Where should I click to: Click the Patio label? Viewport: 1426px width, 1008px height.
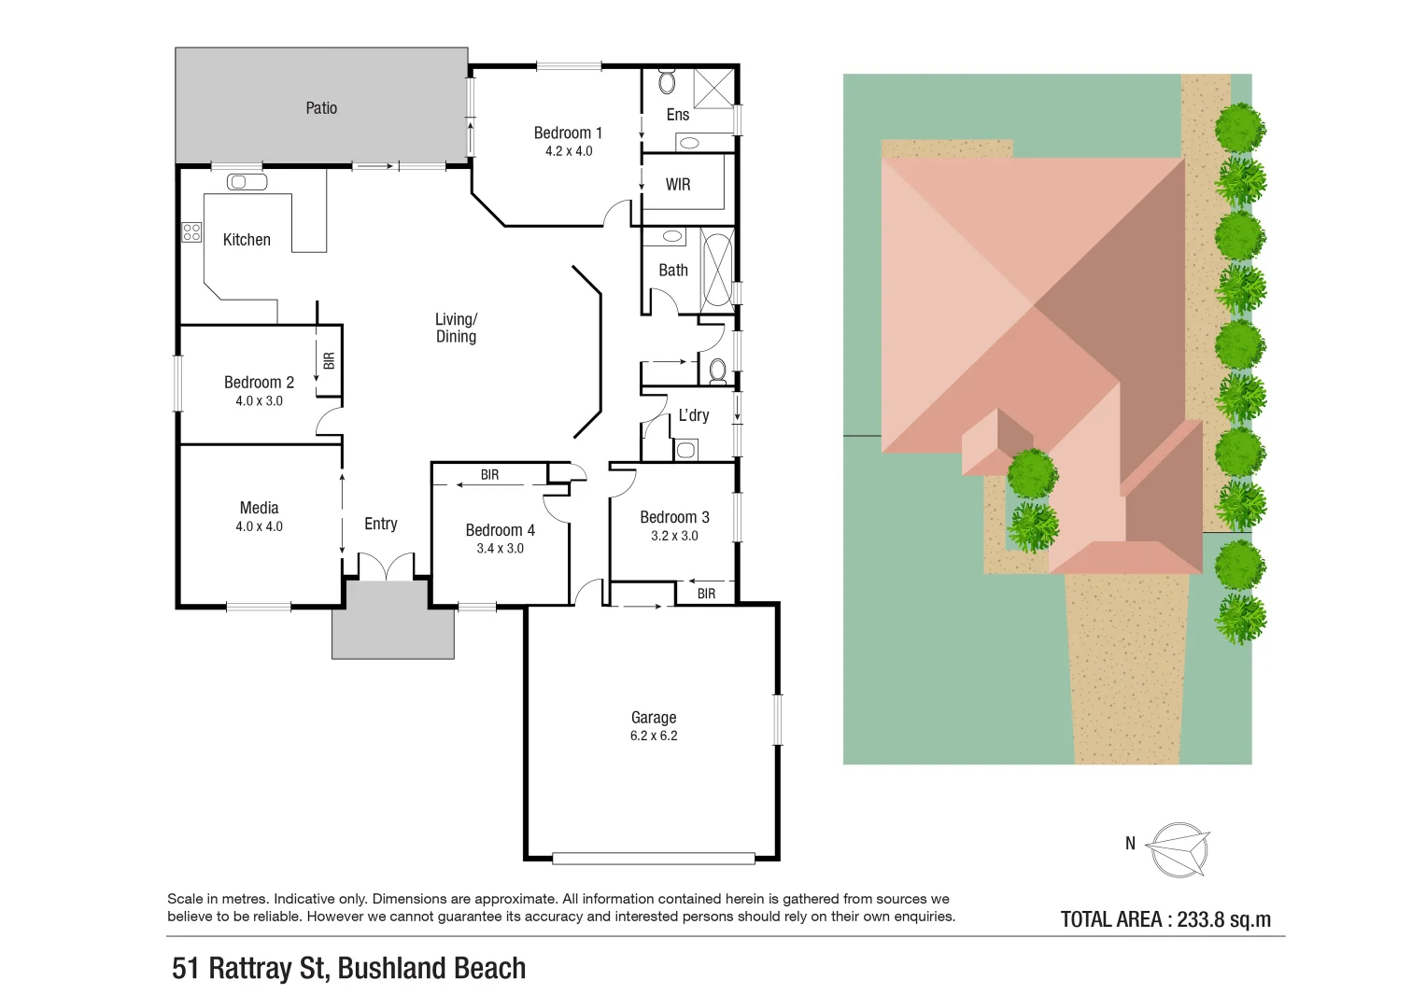[321, 108]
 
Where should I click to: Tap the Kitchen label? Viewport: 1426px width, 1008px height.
[247, 240]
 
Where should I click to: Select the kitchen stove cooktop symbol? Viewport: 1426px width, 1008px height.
[191, 231]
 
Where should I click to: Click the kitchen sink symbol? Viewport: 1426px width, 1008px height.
[247, 182]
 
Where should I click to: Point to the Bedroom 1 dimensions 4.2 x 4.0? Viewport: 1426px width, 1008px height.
[569, 151]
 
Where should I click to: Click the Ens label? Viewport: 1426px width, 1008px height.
[678, 115]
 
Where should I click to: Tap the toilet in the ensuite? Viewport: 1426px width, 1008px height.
[667, 81]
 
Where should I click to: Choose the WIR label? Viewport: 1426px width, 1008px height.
[678, 185]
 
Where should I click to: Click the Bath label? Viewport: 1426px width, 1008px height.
[673, 271]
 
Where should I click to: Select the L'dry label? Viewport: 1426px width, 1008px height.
[694, 415]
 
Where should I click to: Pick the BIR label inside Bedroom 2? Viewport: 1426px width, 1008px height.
[329, 360]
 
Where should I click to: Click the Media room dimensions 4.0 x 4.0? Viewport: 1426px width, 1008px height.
[260, 526]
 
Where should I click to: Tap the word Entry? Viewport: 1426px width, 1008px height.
[381, 524]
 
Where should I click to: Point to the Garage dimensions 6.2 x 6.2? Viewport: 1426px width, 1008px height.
[654, 735]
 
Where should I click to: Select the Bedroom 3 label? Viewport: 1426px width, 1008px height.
[674, 517]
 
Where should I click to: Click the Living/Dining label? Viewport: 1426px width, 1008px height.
[457, 328]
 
